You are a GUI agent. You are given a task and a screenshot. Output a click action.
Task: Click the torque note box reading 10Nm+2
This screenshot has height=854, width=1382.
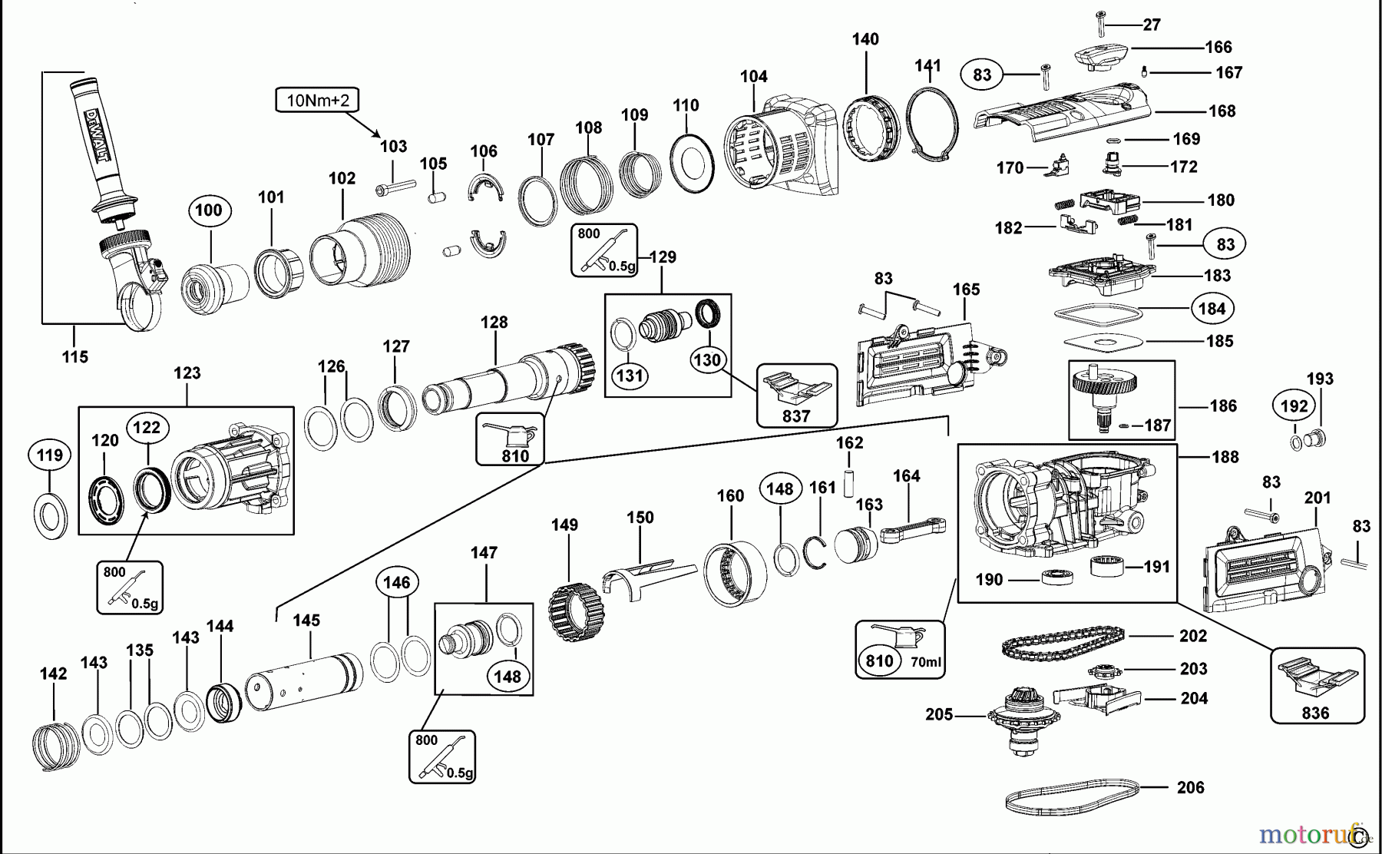[318, 100]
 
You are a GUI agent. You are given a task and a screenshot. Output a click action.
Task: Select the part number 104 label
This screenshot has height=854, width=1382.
[754, 76]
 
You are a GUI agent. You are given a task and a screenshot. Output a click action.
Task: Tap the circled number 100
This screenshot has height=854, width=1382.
[209, 210]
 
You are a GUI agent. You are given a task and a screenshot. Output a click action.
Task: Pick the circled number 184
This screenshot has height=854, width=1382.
[1212, 309]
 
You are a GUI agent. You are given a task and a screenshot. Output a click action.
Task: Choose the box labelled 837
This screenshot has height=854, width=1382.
[796, 396]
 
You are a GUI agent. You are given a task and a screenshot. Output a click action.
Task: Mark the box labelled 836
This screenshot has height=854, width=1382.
[1318, 686]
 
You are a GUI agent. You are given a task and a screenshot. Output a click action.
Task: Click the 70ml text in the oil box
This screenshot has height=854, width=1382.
[927, 662]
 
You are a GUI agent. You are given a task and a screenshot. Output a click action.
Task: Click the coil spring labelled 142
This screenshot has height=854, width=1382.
[56, 745]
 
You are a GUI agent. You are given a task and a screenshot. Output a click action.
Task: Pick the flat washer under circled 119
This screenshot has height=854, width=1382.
[51, 516]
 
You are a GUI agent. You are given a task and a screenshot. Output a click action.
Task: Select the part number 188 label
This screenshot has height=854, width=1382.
[1225, 457]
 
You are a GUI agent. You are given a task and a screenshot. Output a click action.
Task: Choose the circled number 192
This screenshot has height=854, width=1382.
[1294, 405]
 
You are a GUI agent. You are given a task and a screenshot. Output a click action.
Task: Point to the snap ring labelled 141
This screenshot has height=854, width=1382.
[932, 124]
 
